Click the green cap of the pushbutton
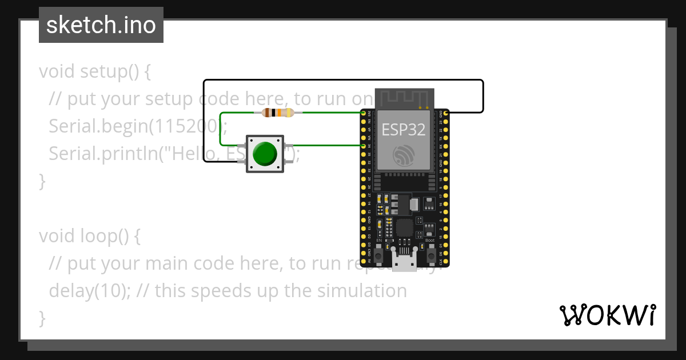click(264, 153)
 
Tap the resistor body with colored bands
click(278, 113)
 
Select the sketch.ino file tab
click(101, 25)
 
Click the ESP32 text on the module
click(404, 130)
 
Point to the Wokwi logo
click(607, 315)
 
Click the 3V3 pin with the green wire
click(364, 113)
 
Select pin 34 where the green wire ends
click(364, 146)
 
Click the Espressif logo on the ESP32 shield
click(404, 155)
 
